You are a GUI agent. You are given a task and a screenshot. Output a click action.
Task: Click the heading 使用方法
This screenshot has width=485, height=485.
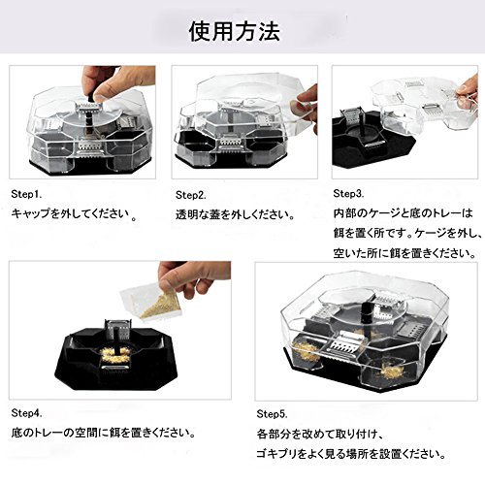point(234,32)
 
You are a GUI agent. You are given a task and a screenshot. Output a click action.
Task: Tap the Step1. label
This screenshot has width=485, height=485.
point(26,194)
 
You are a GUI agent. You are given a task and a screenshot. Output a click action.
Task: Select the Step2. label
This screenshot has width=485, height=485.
point(191,195)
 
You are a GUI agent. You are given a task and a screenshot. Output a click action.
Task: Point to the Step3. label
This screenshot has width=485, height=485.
point(348,194)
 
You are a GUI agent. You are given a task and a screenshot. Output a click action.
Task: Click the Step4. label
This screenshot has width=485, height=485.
point(26,413)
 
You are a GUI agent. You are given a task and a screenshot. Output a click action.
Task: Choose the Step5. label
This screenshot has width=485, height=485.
point(272,414)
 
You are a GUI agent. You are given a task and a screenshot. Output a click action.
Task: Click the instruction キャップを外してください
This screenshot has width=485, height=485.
point(71,213)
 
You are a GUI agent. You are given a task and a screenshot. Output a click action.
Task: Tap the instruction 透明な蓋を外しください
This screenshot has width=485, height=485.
point(234,215)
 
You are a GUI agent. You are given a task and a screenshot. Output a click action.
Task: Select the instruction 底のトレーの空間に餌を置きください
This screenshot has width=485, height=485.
point(102,433)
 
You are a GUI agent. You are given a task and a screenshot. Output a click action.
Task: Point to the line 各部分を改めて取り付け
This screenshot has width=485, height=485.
point(319,434)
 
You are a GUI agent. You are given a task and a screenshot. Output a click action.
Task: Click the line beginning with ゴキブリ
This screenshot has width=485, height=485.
point(350,454)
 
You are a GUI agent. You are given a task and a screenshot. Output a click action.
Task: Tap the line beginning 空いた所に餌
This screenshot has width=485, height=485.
point(404,253)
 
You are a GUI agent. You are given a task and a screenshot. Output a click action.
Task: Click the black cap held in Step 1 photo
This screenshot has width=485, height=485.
point(89,96)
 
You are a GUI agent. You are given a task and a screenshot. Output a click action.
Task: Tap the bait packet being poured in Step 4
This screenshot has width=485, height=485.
point(152,304)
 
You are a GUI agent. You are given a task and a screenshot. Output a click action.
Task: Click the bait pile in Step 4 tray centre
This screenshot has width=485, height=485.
point(115,355)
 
